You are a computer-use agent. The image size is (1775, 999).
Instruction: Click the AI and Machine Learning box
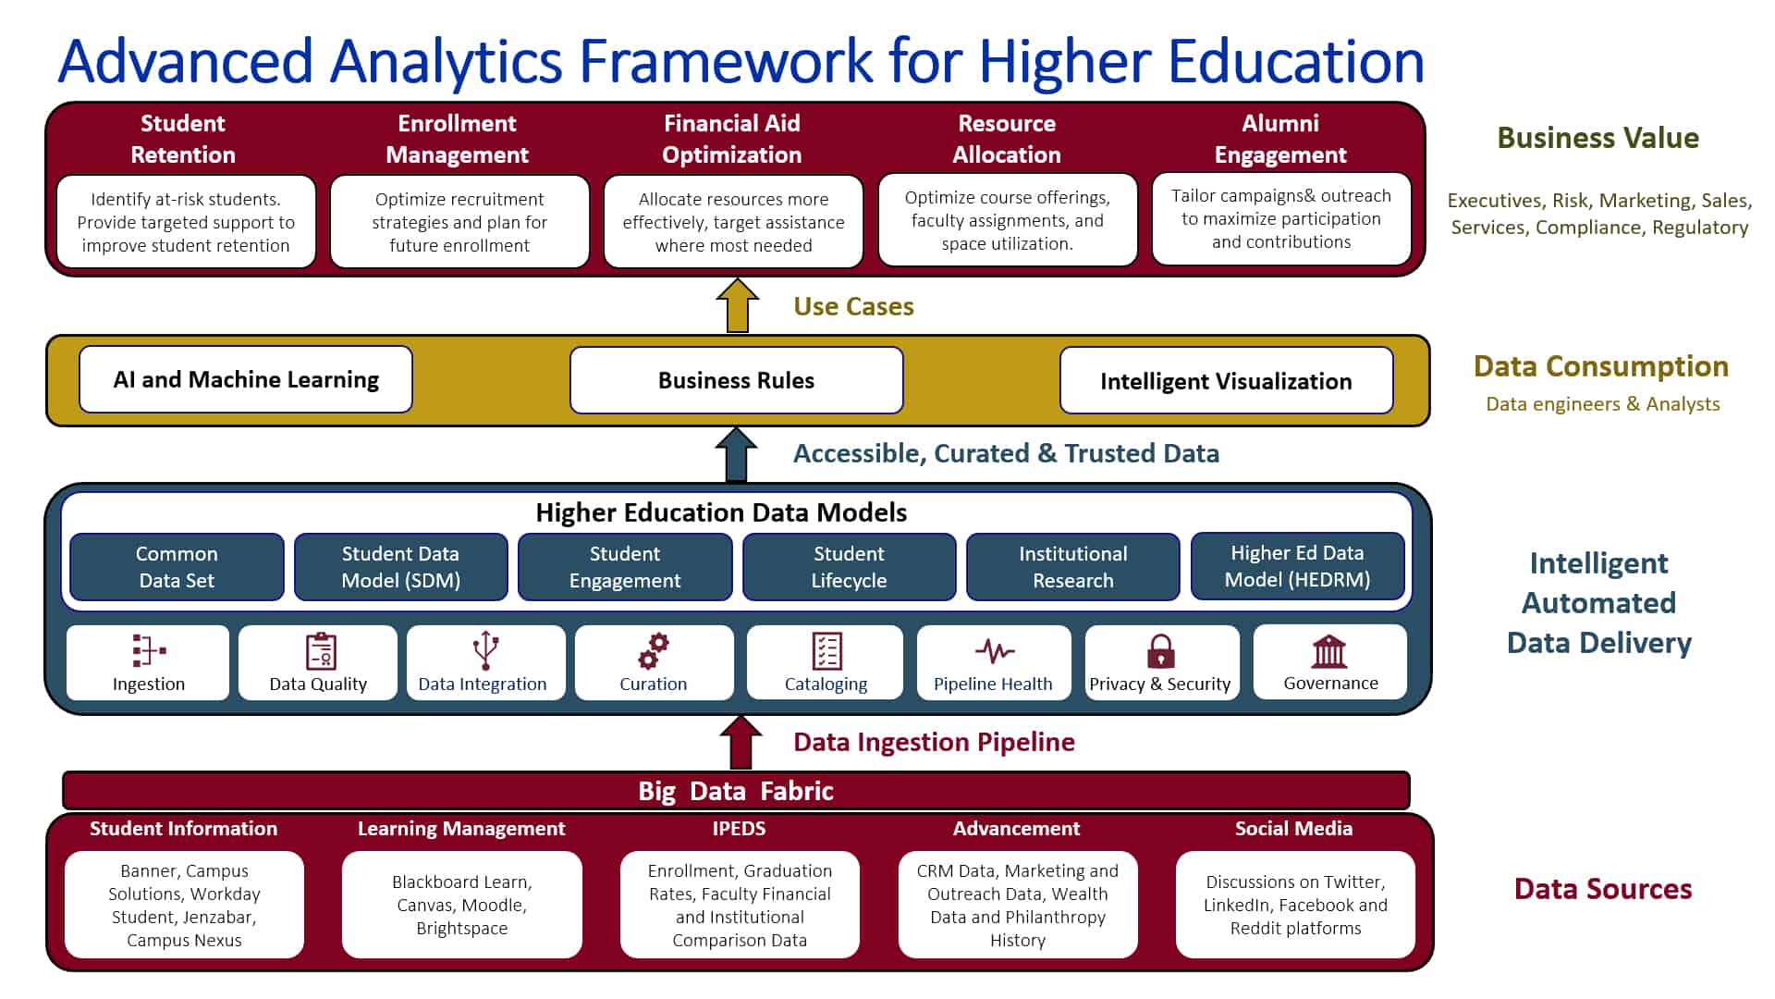[246, 379]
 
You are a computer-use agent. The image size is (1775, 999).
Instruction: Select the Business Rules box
[737, 380]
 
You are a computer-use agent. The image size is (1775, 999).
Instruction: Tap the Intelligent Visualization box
[1226, 380]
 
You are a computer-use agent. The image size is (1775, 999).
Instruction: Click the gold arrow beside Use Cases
[737, 305]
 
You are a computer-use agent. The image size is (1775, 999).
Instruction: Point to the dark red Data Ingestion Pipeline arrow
[741, 742]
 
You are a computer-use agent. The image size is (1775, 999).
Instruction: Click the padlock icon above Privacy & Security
[1160, 651]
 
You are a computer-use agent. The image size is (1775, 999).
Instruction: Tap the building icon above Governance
[1329, 651]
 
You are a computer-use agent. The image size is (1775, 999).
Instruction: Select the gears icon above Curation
[654, 651]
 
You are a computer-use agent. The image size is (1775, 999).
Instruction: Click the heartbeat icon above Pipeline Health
[994, 651]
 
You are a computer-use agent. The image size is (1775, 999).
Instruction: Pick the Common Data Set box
[177, 567]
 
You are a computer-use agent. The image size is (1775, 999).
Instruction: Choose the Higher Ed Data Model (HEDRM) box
[1297, 566]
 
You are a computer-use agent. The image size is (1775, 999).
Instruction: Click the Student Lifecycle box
[849, 567]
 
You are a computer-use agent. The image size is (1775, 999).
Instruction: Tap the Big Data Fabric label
[736, 791]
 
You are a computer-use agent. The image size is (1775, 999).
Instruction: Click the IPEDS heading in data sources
[739, 828]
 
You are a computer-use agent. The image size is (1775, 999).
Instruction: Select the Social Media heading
[1293, 828]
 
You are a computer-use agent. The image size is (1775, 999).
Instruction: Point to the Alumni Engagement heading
[1280, 139]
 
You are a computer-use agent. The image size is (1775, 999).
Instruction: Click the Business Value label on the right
[1597, 138]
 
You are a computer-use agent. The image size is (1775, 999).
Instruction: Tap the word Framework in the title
[726, 61]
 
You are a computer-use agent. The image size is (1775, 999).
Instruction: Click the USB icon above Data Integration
[485, 650]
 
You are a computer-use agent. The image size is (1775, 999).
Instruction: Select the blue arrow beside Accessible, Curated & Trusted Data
[736, 454]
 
